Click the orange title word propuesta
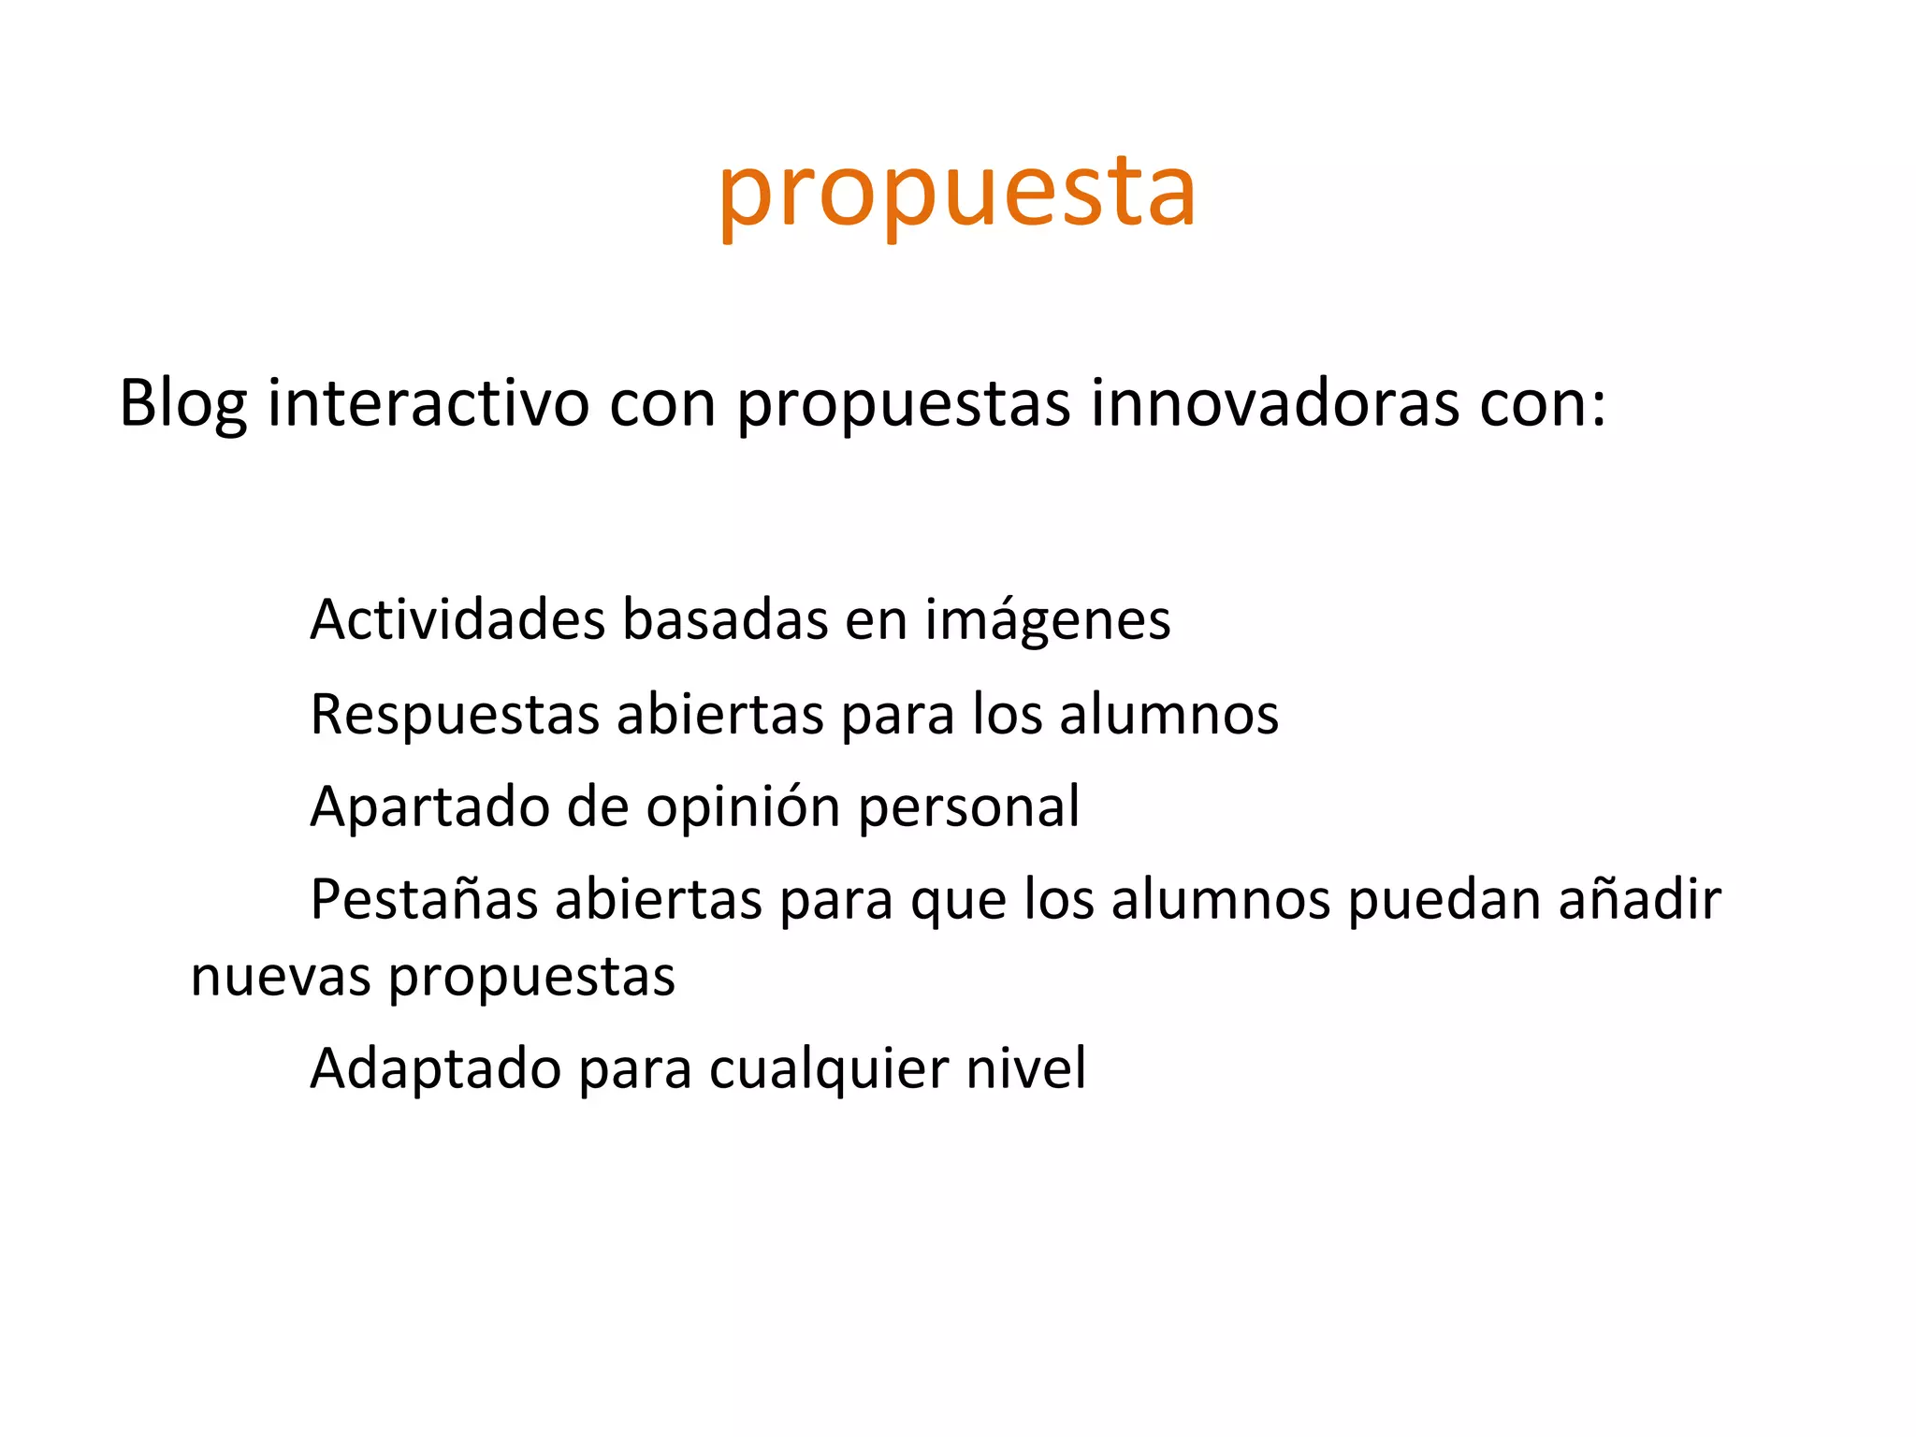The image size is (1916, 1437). click(956, 193)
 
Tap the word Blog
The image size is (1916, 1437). click(182, 404)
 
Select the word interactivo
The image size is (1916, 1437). click(428, 404)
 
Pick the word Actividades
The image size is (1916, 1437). click(457, 619)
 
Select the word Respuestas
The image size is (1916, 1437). click(455, 715)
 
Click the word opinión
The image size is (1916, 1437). click(744, 806)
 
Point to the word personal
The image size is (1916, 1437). click(968, 806)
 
